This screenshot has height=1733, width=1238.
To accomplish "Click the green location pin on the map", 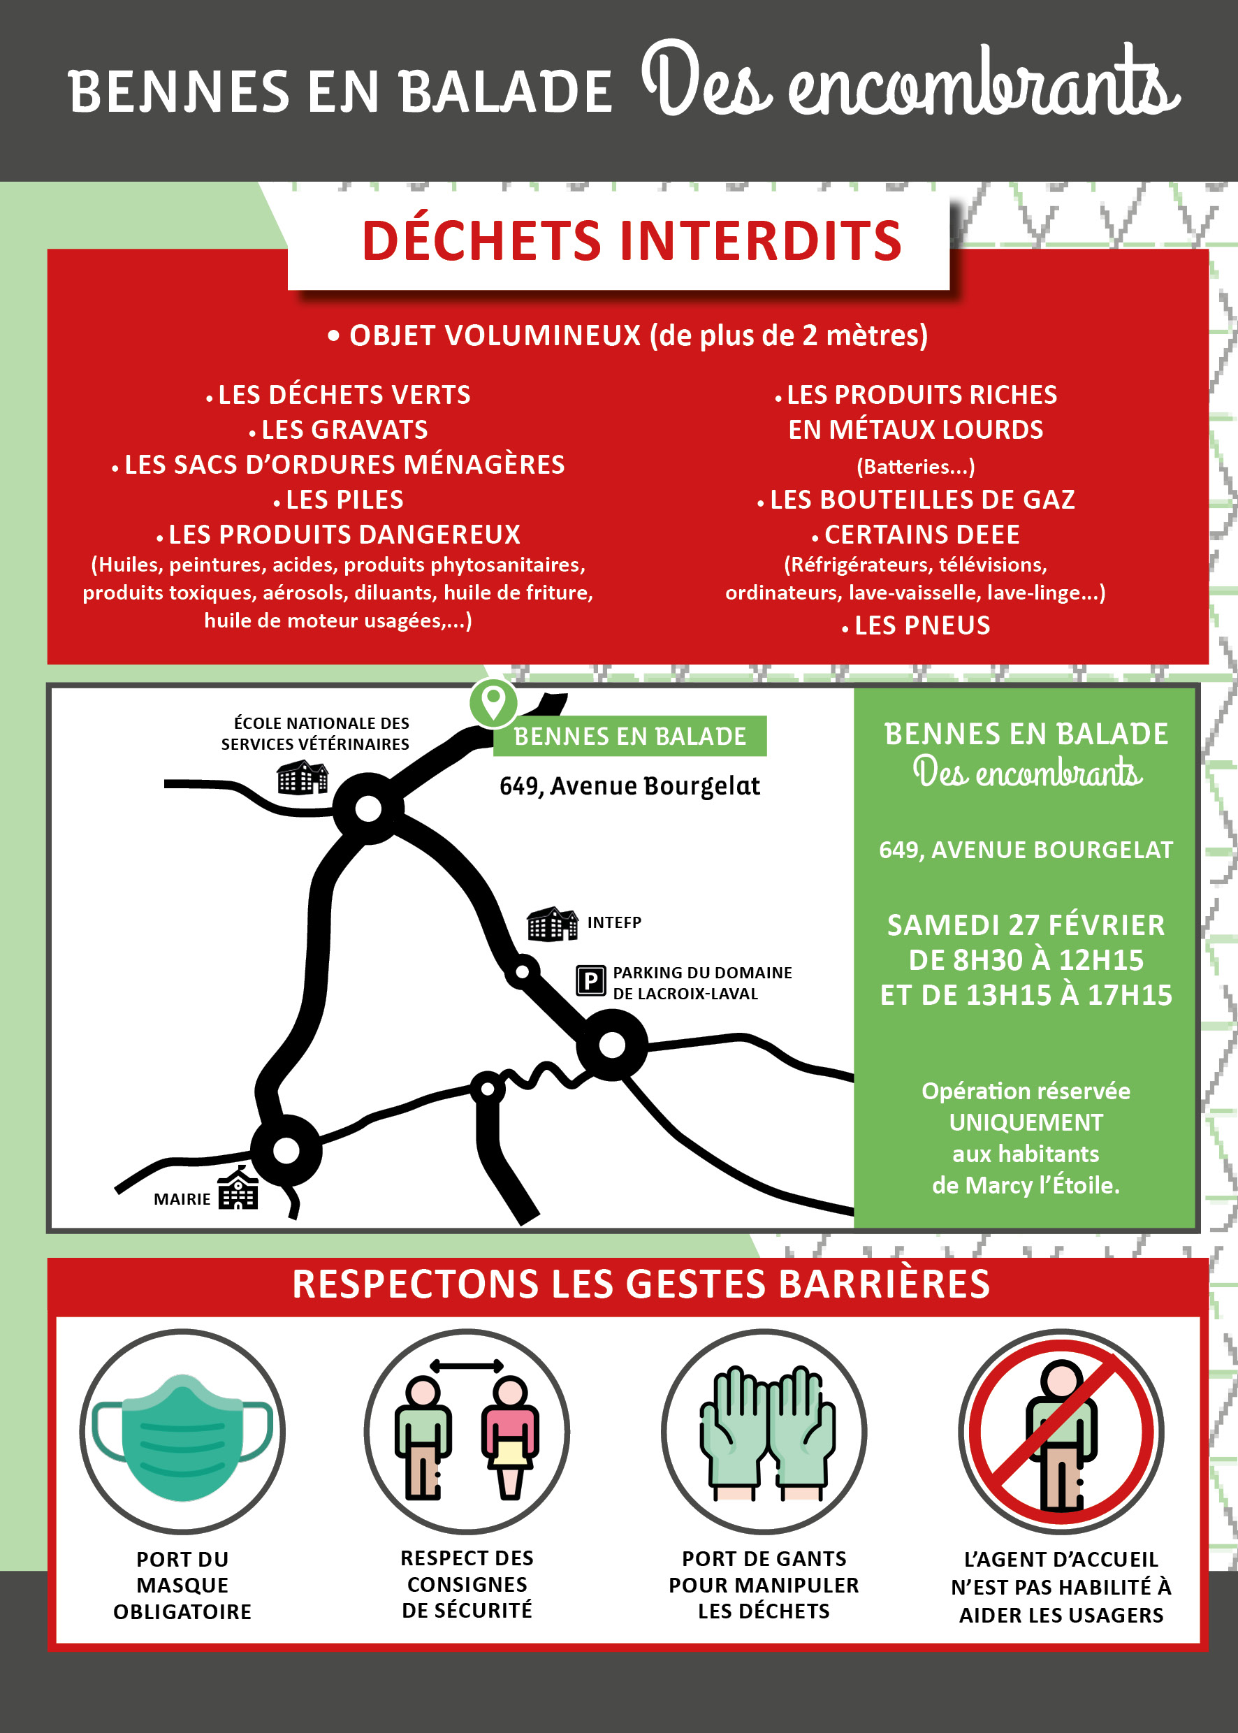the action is (x=493, y=702).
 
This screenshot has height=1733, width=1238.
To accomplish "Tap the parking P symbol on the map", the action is (x=591, y=981).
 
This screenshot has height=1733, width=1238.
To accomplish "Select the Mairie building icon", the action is (x=238, y=1189).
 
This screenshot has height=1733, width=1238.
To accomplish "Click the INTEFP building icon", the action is (x=553, y=924).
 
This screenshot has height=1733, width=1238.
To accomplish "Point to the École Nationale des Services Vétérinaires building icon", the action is (x=303, y=777).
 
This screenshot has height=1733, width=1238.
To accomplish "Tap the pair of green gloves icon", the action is (x=764, y=1433).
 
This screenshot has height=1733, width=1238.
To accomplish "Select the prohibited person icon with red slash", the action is (x=1061, y=1432).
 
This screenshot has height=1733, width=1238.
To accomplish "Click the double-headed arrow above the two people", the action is (x=467, y=1365).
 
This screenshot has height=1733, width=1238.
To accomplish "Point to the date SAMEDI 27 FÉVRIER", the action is (x=1026, y=924).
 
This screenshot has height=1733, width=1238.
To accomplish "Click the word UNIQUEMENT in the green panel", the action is (x=1026, y=1122).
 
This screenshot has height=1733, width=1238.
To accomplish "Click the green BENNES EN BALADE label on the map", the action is (x=629, y=737).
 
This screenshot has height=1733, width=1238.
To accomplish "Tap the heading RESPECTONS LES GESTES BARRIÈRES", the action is (x=641, y=1284).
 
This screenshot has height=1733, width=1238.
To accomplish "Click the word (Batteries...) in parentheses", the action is (x=915, y=466).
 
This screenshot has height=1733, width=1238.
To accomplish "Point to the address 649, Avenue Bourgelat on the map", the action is (x=629, y=786).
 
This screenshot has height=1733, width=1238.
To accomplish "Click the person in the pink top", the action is (x=510, y=1438).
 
